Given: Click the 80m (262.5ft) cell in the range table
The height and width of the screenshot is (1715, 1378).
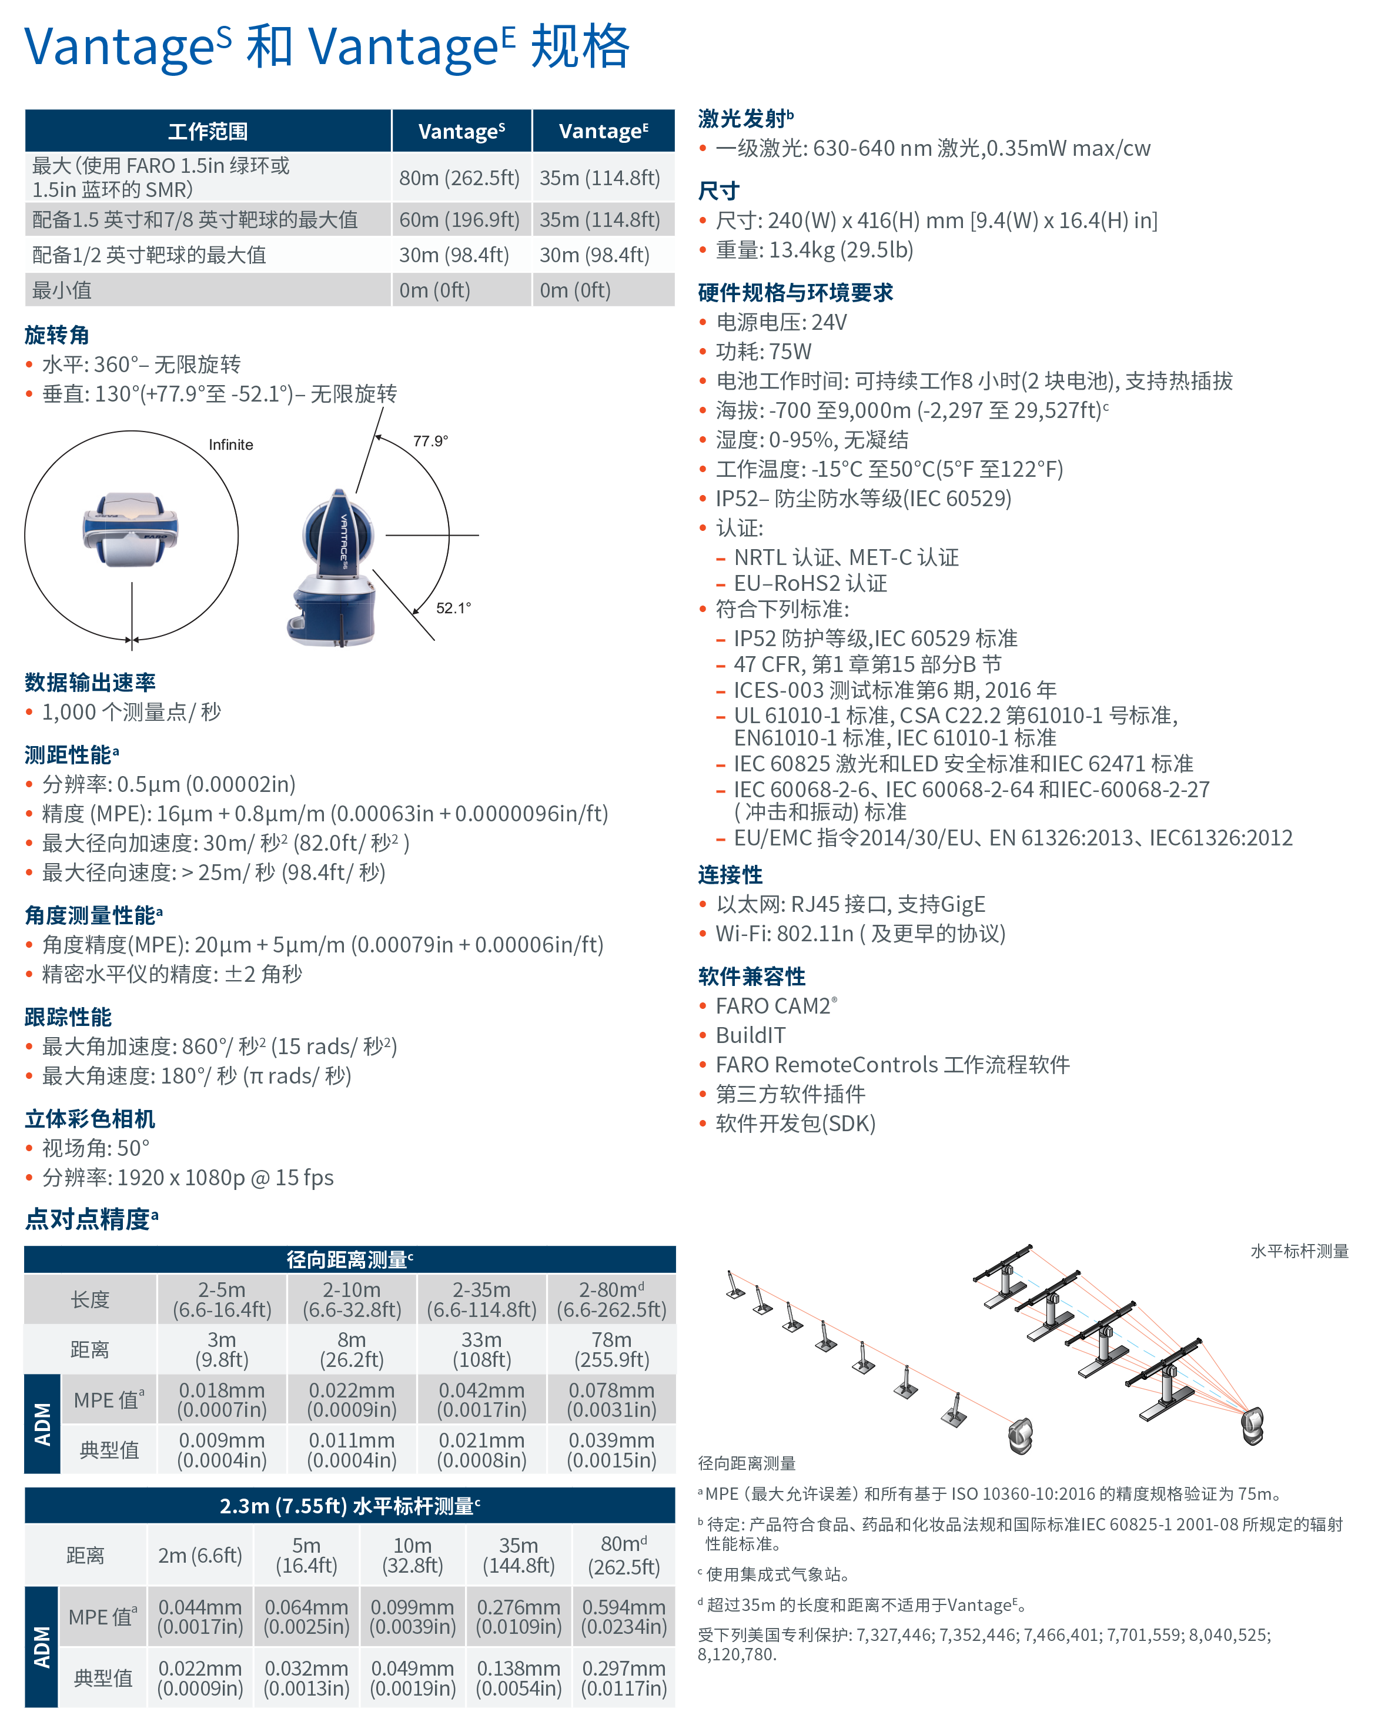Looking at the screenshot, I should pyautogui.click(x=459, y=178).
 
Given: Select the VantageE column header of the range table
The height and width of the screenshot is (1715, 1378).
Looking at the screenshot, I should pyautogui.click(x=603, y=131).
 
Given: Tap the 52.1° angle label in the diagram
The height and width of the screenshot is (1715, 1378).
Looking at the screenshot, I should pyautogui.click(x=453, y=608).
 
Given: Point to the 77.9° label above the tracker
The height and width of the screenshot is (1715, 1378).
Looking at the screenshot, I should pyautogui.click(x=430, y=441).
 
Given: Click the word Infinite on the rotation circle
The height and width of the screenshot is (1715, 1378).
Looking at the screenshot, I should pyautogui.click(x=230, y=444).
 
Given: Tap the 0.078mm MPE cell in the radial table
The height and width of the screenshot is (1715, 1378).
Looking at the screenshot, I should pyautogui.click(x=611, y=1400).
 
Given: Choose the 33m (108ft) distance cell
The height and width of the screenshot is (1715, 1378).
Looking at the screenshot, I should pyautogui.click(x=481, y=1350).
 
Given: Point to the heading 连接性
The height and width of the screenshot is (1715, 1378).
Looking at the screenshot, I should pyautogui.click(x=730, y=875).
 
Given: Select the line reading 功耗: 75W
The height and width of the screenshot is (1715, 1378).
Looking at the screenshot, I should pyautogui.click(x=763, y=352).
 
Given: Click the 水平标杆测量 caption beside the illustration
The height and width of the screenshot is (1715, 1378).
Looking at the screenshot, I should pyautogui.click(x=1299, y=1251).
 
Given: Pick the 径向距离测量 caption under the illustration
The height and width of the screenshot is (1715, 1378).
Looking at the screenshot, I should pyautogui.click(x=746, y=1463).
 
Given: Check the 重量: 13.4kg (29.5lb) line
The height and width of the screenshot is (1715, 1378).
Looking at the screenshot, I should pyautogui.click(x=813, y=250).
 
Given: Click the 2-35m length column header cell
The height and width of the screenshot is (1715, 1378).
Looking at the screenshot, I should pyautogui.click(x=481, y=1300).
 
